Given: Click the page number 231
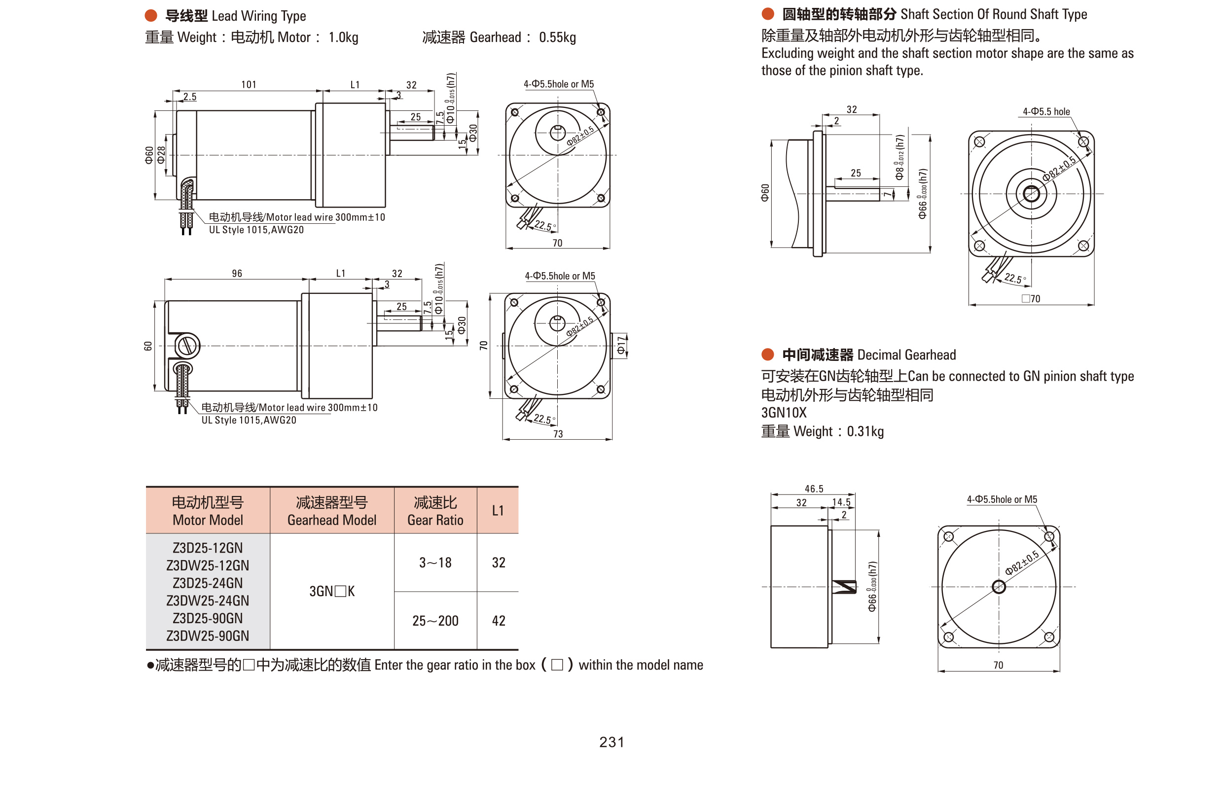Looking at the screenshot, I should click(x=611, y=741).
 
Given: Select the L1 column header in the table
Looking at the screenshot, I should click(x=497, y=511).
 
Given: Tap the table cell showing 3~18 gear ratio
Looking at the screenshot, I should click(x=435, y=563).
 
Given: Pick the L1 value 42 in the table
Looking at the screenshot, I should click(x=498, y=620).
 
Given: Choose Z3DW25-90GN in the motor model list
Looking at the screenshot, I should click(x=207, y=635).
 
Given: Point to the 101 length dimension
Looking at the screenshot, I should click(x=249, y=84).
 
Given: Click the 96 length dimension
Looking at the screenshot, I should click(x=237, y=274).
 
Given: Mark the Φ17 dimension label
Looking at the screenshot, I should click(x=620, y=346).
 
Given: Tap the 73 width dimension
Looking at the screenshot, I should click(x=557, y=434).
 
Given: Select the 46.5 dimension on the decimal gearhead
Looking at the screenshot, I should click(x=813, y=489).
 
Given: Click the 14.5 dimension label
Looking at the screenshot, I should click(x=841, y=502).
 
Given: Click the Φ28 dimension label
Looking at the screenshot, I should click(x=161, y=154).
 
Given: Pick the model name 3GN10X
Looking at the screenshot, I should click(x=783, y=413).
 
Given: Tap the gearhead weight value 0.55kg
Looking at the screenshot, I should click(x=557, y=37).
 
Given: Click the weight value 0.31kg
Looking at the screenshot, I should click(x=864, y=431).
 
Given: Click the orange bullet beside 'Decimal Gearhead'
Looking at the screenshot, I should click(x=767, y=355).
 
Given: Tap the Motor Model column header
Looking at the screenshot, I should click(x=207, y=511).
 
